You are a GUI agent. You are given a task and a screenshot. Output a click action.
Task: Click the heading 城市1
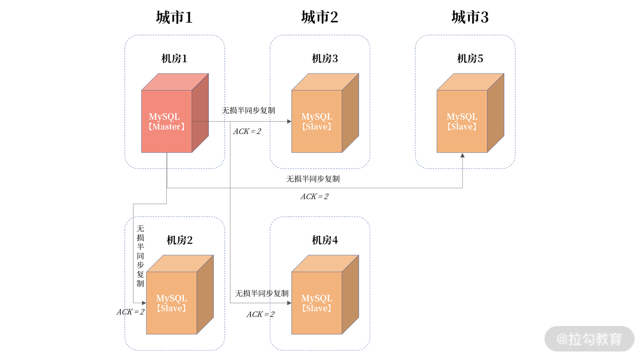tap(174, 17)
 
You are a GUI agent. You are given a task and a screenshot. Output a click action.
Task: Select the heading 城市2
tap(320, 17)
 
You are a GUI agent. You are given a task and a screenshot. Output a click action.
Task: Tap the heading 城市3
tap(470, 17)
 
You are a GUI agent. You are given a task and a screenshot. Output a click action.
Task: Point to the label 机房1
tap(174, 58)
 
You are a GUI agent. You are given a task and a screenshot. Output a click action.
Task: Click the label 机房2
tap(179, 240)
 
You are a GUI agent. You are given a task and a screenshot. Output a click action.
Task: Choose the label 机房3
tap(325, 58)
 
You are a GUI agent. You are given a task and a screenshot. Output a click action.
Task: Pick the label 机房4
tap(325, 240)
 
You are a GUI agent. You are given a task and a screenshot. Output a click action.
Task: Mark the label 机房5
tap(470, 58)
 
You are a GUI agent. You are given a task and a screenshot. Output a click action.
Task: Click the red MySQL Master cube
tap(167, 121)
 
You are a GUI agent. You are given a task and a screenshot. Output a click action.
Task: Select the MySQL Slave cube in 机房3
tap(317, 121)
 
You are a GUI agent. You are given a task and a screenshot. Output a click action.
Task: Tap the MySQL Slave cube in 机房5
tap(462, 121)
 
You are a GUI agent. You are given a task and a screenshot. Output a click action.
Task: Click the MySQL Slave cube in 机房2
tap(171, 303)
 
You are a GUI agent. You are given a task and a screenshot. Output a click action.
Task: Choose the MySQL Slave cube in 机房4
tap(317, 303)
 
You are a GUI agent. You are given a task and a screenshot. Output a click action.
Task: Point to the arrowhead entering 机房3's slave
tap(289, 121)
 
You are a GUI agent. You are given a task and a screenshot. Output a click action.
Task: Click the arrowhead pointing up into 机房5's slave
tap(462, 155)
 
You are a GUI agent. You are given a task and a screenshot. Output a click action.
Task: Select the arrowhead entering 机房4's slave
tap(289, 303)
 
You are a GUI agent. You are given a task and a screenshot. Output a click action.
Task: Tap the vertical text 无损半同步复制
tap(140, 256)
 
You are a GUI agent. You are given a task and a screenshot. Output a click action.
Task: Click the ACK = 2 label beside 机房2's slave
tap(130, 312)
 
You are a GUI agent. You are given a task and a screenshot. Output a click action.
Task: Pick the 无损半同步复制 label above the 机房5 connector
tap(313, 179)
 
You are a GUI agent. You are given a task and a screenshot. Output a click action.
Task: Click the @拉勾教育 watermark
tap(590, 339)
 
